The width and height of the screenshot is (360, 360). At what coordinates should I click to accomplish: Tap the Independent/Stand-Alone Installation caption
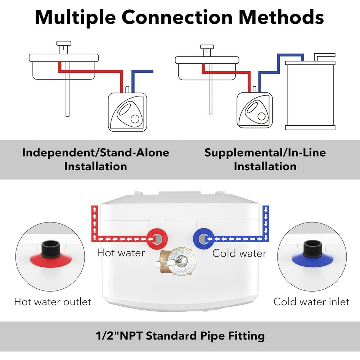95,159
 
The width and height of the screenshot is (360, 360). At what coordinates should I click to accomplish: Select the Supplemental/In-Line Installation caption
265,159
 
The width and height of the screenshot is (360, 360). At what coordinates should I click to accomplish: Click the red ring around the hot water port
158,238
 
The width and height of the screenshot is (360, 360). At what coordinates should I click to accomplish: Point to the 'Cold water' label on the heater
239,253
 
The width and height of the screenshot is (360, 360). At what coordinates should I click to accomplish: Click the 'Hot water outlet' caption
53,301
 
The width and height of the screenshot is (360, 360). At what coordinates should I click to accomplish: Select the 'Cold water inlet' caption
311,301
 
